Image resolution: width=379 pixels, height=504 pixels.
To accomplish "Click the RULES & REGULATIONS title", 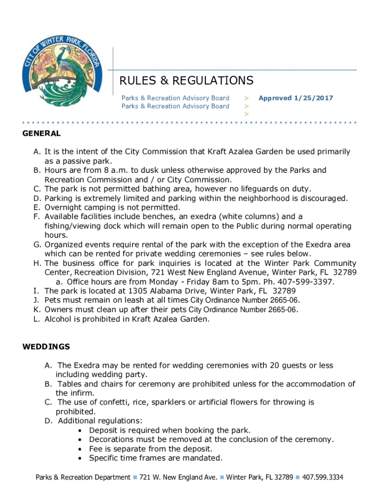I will [187, 81].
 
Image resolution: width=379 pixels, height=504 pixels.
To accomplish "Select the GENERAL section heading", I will [41, 133].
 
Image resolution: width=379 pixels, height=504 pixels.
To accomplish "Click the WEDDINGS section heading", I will [46, 346].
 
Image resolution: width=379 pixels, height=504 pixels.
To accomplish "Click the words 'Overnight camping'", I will [77, 207].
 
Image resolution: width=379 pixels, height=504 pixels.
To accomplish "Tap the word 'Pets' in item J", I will [53, 300].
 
